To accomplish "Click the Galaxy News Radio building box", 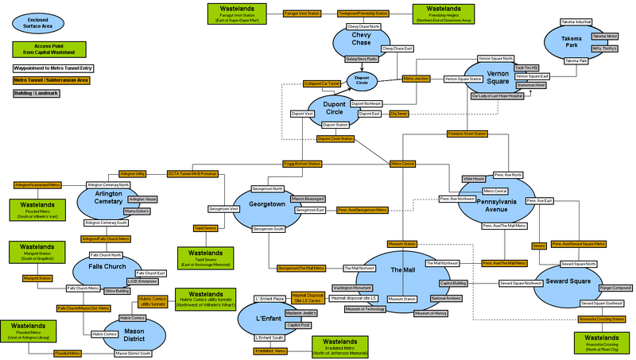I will [360, 59].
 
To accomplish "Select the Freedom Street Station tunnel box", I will [467, 134].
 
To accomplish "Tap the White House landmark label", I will [474, 180].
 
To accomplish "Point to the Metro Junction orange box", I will [417, 79].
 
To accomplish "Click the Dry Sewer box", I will [399, 114].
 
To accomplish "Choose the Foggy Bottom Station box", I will [302, 164].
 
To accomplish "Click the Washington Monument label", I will [353, 287].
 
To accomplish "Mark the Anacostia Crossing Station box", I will [600, 319].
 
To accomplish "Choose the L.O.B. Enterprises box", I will [145, 281].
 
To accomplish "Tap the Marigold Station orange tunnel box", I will [36, 278].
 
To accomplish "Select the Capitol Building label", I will [453, 282].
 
